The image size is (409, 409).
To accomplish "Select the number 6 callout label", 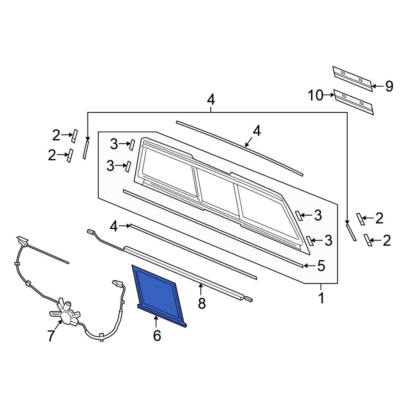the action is (x=157, y=336).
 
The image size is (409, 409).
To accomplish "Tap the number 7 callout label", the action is (x=51, y=336).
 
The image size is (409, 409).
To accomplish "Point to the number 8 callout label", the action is (x=202, y=303).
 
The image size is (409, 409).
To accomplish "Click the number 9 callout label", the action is (x=389, y=86).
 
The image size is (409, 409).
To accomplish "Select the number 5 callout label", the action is (x=321, y=266).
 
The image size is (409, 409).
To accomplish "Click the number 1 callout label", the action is (x=321, y=298).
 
